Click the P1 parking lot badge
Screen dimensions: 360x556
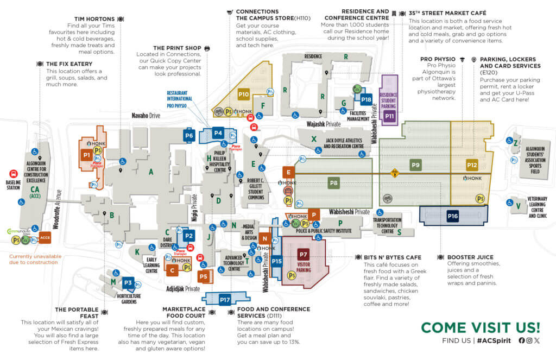86,155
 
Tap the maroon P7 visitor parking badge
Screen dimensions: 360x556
304,254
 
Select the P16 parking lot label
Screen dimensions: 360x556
453,216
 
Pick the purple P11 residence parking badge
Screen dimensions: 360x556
389,116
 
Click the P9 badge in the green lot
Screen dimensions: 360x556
416,165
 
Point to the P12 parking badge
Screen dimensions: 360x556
472,165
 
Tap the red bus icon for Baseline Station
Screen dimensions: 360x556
13,175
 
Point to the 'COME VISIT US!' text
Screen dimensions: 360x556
481,327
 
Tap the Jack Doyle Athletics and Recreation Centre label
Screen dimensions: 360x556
344,143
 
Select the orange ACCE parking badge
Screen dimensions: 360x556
45,237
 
